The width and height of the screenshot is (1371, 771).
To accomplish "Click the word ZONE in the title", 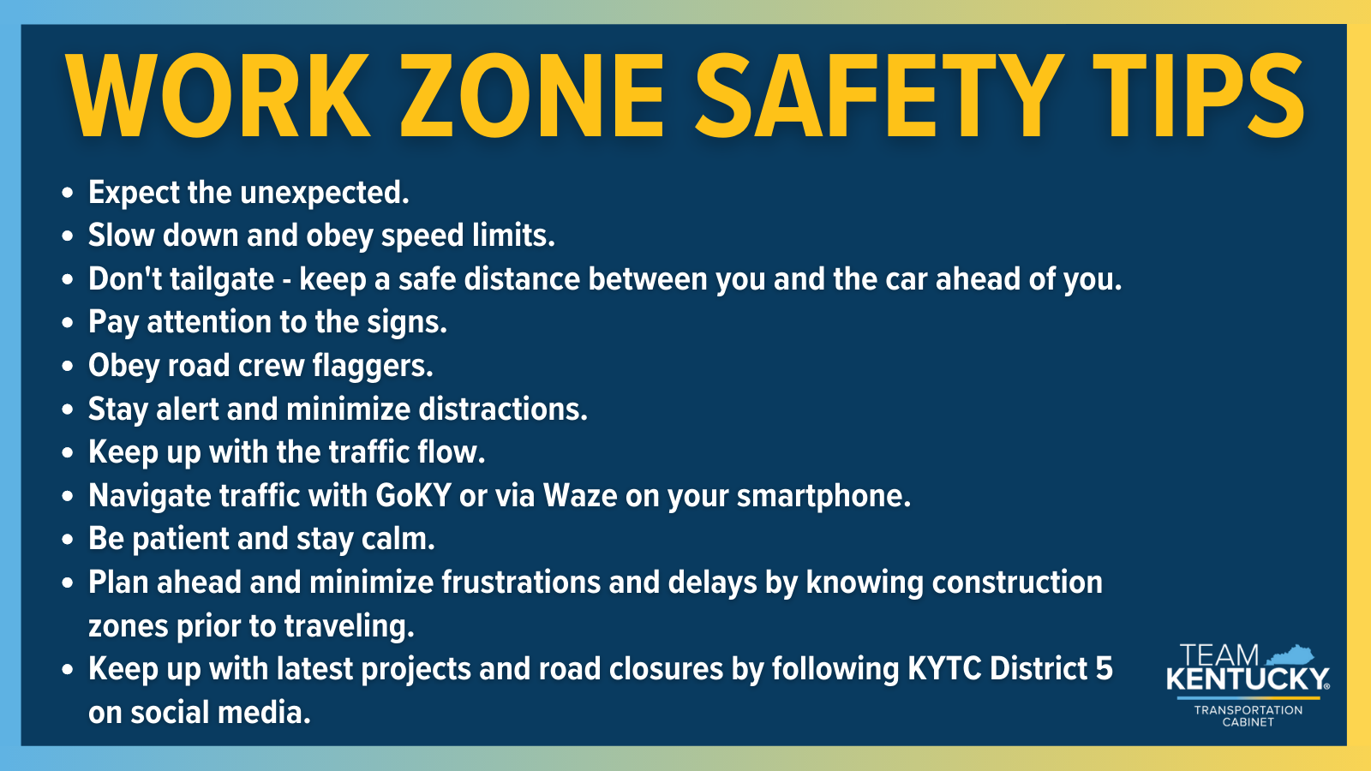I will click(532, 95).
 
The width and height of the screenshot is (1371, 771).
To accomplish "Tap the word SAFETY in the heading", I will click(879, 95).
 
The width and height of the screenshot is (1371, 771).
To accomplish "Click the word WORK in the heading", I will click(219, 95).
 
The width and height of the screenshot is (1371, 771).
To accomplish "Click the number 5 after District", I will click(1105, 669).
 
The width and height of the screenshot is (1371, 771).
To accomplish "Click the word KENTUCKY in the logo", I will click(1247, 680).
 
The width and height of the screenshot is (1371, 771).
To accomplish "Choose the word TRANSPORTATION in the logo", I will click(1248, 710).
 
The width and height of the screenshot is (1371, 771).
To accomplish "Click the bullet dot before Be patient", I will click(69, 541).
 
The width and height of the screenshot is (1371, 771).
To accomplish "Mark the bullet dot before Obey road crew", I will click(69, 367).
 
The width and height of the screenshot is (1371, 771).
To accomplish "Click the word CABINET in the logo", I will click(1248, 722).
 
